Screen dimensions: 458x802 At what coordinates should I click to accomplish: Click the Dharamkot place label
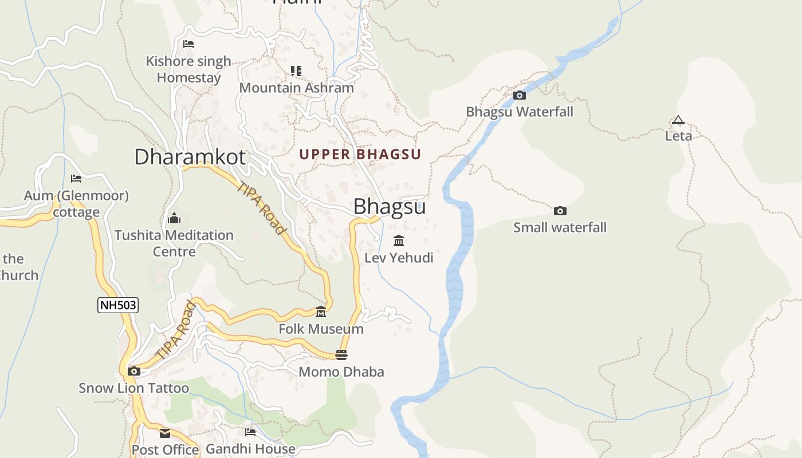pos(190,157)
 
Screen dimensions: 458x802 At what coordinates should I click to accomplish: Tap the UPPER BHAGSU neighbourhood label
pos(360,154)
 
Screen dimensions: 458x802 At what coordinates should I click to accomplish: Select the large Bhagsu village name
pos(389,207)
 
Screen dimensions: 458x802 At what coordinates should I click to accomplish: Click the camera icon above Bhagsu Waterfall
pos(520,95)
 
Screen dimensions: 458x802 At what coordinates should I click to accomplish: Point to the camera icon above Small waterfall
pos(560,211)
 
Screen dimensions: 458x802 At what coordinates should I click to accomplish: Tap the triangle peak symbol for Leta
pos(678,120)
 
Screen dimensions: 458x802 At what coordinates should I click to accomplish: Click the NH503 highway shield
pos(118,305)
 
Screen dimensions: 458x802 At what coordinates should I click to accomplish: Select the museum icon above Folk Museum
pos(321,312)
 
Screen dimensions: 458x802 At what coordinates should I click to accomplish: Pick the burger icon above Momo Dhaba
pos(341,355)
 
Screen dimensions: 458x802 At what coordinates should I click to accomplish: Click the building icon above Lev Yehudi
pos(399,240)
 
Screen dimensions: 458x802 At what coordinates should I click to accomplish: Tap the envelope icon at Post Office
pos(165,433)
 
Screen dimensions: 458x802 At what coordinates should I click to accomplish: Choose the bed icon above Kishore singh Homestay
pos(188,44)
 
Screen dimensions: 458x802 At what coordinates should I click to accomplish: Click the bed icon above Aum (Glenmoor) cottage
pos(76,179)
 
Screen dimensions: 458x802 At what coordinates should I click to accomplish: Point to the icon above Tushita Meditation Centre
pos(174,218)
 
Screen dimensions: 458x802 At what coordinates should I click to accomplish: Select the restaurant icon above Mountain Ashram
pos(296,71)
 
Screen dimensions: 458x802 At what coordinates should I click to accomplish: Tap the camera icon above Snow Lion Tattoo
pos(133,371)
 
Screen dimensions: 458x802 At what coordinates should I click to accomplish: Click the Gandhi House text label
pos(250,449)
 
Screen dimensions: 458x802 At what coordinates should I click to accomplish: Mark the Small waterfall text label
pos(560,227)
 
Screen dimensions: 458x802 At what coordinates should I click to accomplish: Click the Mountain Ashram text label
pos(296,88)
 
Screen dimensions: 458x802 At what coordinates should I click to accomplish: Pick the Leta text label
pos(678,136)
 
